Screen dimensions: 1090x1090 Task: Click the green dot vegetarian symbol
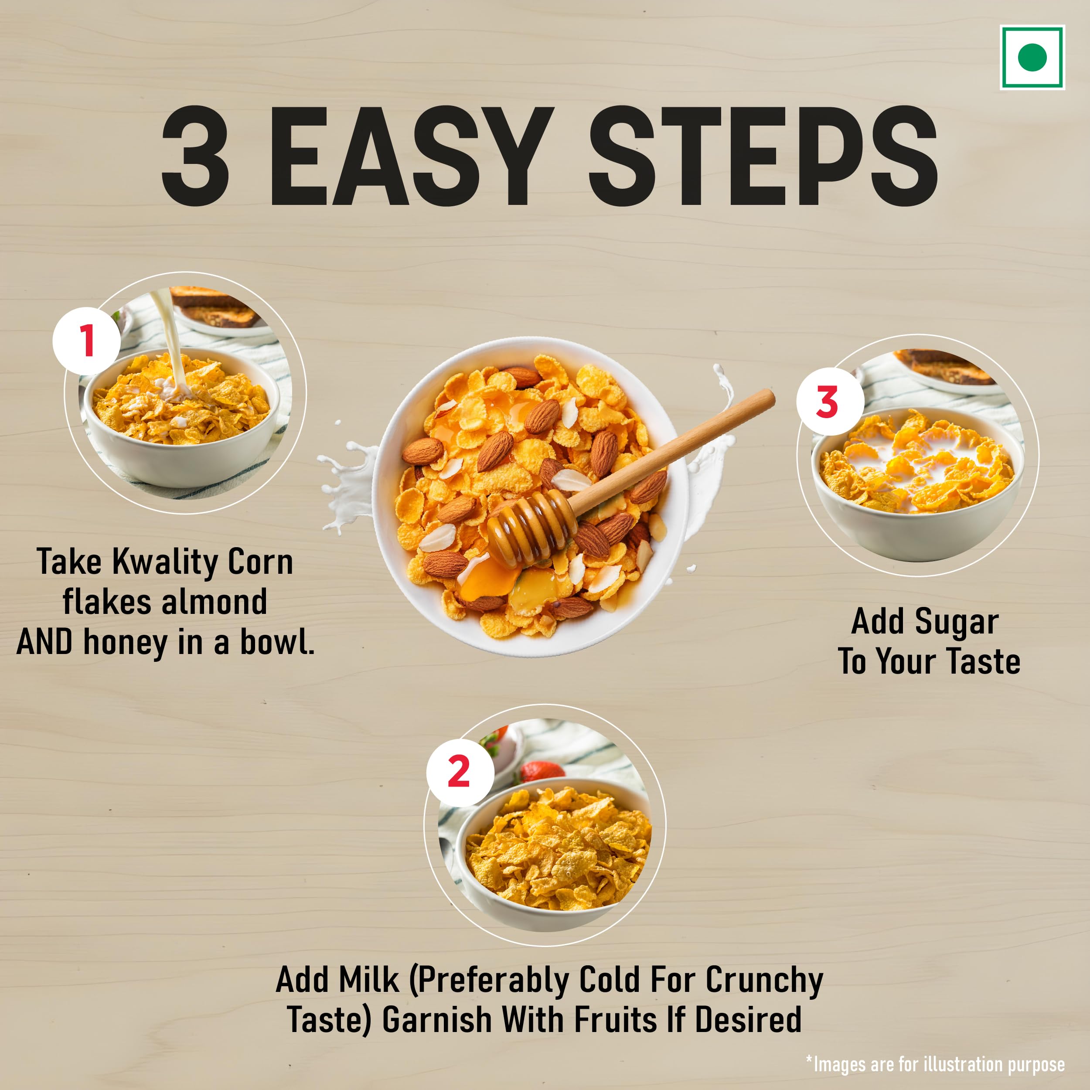tap(1032, 57)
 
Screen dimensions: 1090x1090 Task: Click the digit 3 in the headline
tap(195, 156)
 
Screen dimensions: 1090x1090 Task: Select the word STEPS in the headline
tap(763, 156)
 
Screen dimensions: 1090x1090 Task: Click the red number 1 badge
tap(86, 341)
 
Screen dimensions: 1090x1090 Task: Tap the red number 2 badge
tap(459, 772)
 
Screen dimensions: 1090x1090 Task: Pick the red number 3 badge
tap(829, 402)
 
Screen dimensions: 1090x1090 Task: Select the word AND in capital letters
tap(44, 643)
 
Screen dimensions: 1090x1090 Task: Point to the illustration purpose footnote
tap(935, 1064)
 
